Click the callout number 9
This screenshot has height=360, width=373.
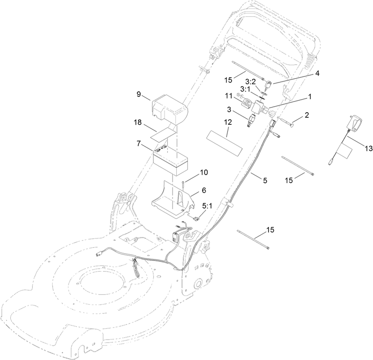138,94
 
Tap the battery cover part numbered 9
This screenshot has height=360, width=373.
169,109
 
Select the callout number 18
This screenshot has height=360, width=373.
138,122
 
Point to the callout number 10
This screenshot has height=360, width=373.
204,172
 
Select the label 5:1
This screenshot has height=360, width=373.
207,206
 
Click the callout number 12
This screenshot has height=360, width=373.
228,122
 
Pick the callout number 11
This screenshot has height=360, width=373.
228,96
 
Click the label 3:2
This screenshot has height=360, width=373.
250,82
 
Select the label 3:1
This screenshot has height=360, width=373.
245,89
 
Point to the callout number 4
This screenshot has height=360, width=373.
317,74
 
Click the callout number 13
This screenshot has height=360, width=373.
369,149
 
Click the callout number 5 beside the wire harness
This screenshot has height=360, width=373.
265,180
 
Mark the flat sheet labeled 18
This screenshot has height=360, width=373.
165,134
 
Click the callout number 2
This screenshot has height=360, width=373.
307,115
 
